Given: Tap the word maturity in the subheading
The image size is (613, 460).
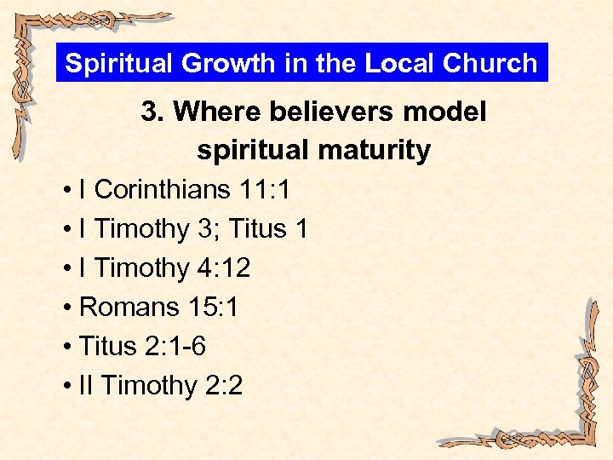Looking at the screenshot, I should pos(372,151).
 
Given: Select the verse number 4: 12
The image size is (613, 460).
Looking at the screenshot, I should pos(223,268).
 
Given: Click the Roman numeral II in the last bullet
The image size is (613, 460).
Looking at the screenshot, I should pos(86,386).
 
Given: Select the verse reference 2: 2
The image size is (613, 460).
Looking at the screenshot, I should pos(224,386).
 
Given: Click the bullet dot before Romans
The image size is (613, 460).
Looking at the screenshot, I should pos(67,308).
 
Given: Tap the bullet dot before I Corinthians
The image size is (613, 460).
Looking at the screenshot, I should pos(67,191).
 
